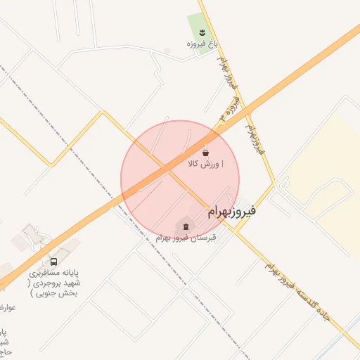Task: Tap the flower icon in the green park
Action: point(202,32)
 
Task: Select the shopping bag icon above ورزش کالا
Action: point(205,153)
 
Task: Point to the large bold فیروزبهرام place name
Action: point(233,210)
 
